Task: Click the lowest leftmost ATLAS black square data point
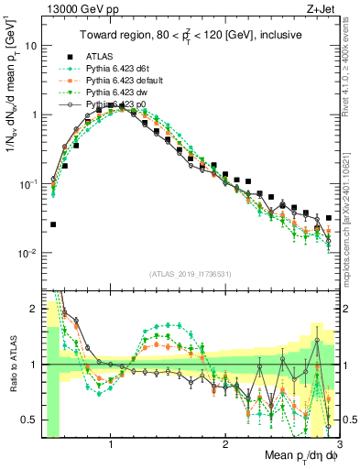point(53,224)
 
